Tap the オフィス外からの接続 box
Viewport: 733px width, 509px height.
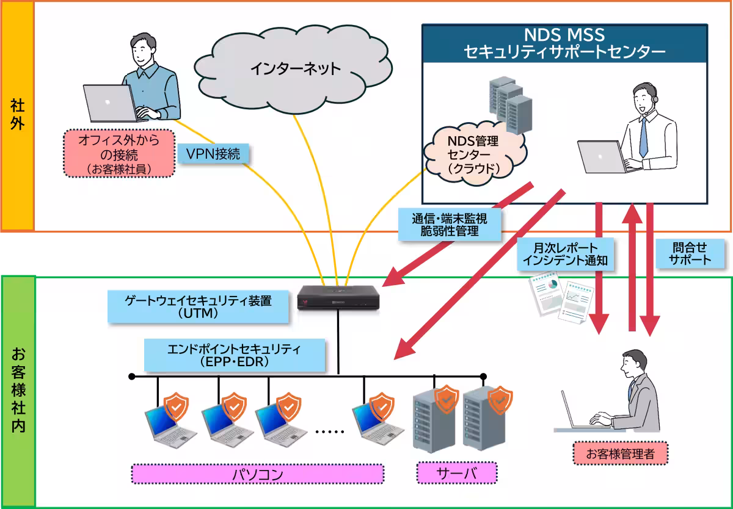coord(119,153)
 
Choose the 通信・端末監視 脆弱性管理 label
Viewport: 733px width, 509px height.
coord(449,223)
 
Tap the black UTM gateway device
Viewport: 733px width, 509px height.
coord(338,299)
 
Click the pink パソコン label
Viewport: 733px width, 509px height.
coord(258,474)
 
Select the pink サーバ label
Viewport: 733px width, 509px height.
coord(456,474)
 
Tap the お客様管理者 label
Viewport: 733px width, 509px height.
coord(620,453)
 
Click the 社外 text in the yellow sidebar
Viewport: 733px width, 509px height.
coord(17,115)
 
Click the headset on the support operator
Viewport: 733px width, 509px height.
coord(654,98)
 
